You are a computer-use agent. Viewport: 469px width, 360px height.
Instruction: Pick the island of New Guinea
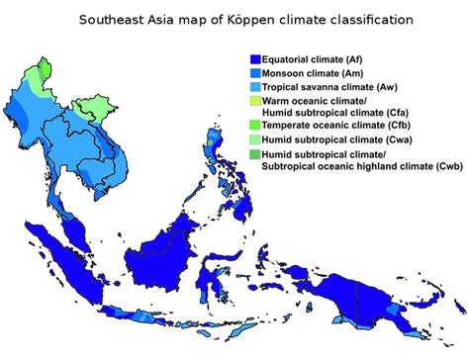396,287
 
